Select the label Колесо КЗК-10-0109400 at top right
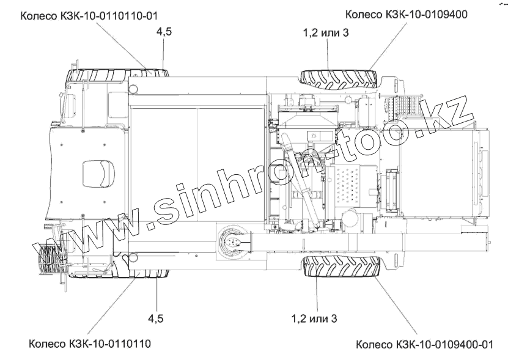click(407, 14)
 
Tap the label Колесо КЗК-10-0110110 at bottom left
click(90, 343)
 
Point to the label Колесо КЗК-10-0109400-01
click(424, 344)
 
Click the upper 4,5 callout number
click(164, 32)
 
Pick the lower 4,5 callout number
click(156, 318)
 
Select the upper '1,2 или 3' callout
click(326, 33)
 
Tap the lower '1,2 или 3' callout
click(314, 318)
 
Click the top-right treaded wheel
click(339, 78)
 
